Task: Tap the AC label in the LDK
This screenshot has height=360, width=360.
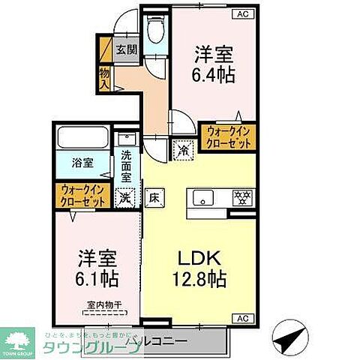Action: click(244, 317)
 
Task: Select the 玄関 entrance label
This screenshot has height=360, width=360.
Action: click(127, 50)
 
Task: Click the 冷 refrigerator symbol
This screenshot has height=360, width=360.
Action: click(184, 148)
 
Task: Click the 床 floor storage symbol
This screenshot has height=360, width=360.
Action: click(154, 199)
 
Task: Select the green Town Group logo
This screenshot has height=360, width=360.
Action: click(18, 339)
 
